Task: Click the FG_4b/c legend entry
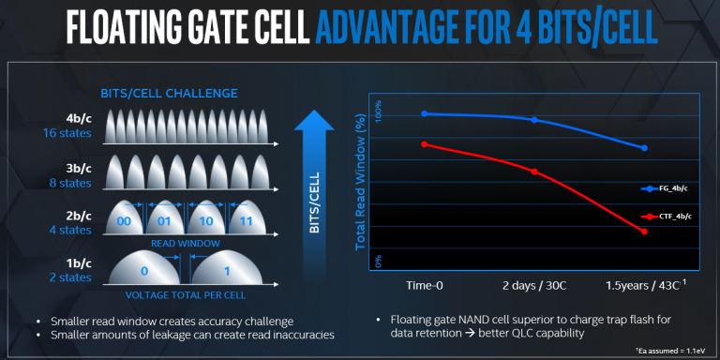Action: coord(670,188)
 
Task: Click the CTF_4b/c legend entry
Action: coord(670,217)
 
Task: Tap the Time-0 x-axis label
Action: coord(425,284)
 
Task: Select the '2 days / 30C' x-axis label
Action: coord(534,284)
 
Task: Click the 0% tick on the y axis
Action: coord(380,260)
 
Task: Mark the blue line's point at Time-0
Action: coord(425,113)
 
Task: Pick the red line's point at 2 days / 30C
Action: coord(534,172)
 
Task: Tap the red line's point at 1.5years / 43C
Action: coord(645,232)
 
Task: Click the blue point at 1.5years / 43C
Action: coord(645,148)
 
